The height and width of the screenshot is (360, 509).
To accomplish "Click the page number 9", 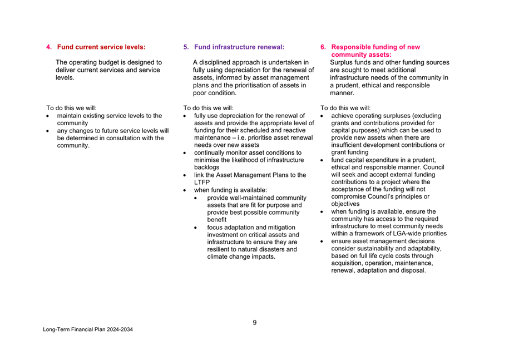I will click(254, 323).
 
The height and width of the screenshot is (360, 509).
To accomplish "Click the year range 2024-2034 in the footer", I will click(120, 330).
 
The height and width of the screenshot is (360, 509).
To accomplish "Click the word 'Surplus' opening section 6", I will click(343, 62).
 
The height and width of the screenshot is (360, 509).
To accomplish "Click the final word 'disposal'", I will click(412, 271).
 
